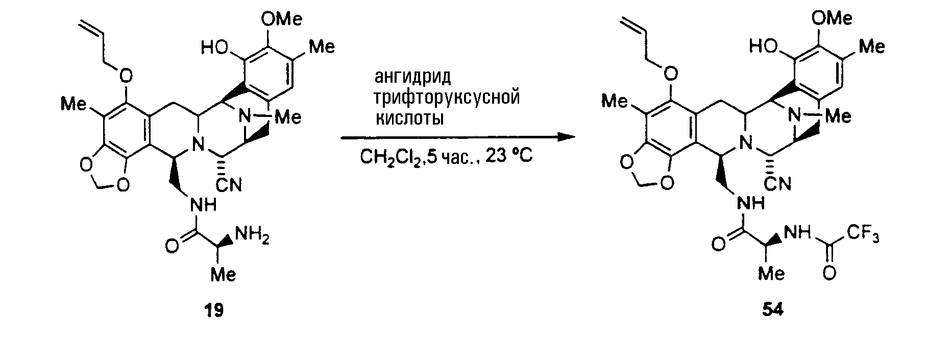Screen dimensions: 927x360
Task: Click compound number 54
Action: tap(773, 310)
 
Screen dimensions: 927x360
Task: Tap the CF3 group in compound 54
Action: tap(864, 234)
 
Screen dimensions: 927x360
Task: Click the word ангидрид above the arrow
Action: tap(413, 77)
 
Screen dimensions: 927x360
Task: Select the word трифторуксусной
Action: tap(447, 98)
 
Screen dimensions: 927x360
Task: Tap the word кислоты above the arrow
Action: tap(409, 118)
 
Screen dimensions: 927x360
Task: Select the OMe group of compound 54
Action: tap(832, 19)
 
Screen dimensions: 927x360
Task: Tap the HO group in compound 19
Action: tap(215, 48)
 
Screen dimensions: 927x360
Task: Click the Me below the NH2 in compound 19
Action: tap(224, 275)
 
